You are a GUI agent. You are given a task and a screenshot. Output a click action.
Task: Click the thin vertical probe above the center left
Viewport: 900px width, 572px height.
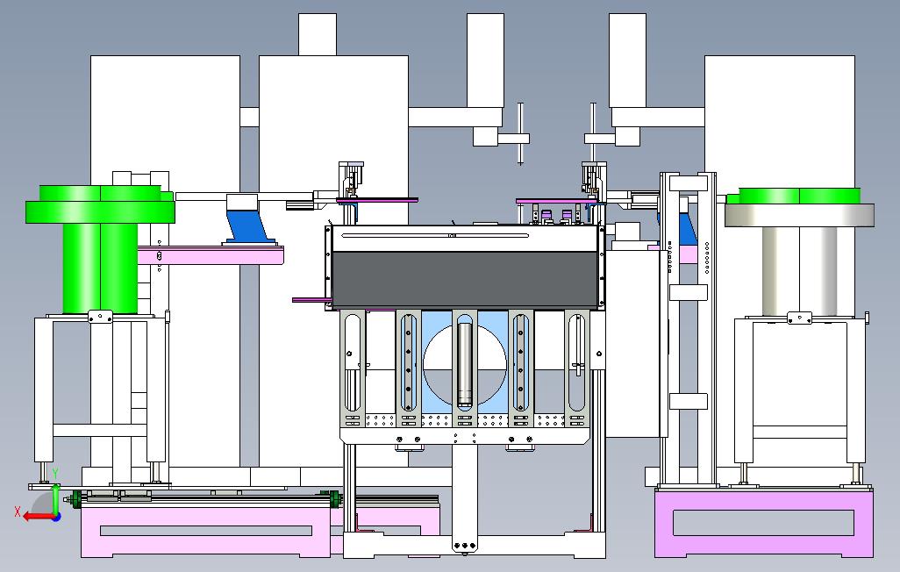tap(520, 132)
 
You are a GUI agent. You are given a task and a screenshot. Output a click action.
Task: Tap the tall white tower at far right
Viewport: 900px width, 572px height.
tap(781, 123)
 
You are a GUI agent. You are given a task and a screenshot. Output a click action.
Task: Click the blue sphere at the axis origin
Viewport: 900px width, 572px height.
tap(55, 516)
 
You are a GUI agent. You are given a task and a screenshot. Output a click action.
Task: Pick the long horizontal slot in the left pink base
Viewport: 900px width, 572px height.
tap(206, 530)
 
